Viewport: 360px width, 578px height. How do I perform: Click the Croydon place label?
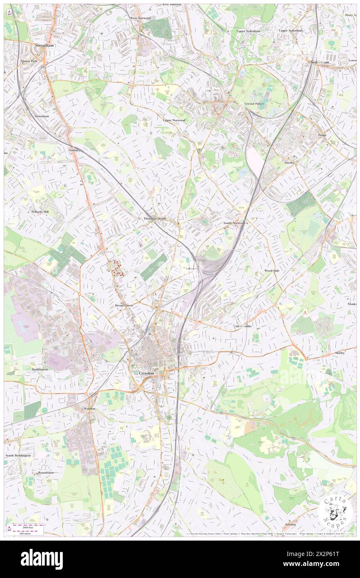click(x=146, y=373)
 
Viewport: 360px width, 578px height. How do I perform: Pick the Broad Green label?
click(x=124, y=305)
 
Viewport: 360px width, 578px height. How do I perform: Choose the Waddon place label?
click(x=90, y=408)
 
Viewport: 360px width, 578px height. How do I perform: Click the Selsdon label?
click(x=291, y=524)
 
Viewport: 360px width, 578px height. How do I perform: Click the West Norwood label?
click(x=141, y=18)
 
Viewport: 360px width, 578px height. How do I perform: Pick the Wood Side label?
click(x=272, y=271)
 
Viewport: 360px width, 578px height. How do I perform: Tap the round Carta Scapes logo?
click(x=335, y=511)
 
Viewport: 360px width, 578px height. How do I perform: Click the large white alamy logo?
click(x=42, y=559)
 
